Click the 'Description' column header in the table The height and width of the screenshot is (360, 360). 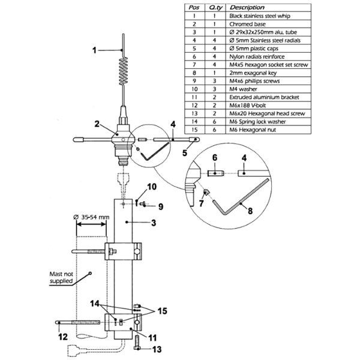247,8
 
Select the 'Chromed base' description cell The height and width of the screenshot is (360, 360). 247,24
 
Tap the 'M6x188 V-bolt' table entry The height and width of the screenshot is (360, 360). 247,106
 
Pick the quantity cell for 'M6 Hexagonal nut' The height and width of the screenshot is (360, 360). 214,130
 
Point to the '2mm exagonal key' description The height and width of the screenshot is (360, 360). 253,73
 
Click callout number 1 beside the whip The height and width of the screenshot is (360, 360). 94,50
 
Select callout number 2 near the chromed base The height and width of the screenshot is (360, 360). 97,124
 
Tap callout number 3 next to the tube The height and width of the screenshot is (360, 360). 154,223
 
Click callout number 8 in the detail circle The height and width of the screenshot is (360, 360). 250,211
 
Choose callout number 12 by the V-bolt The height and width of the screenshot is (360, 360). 62,337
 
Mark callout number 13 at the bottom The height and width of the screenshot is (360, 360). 157,349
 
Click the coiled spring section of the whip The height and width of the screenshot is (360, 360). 124,70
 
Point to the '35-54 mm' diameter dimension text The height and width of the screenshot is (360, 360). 94,217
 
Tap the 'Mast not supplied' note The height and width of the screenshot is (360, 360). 61,277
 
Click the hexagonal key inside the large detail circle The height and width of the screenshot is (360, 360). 241,197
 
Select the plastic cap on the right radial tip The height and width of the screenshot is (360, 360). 194,139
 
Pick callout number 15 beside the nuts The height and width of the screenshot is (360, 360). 162,311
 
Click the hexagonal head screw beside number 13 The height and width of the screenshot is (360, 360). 137,343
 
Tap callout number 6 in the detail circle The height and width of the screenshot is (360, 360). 215,158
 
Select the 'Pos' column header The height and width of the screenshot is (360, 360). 194,8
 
